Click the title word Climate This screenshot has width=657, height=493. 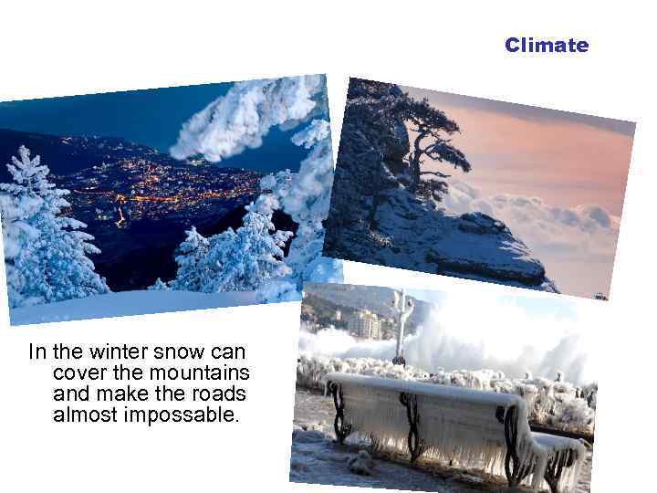pyautogui.click(x=547, y=45)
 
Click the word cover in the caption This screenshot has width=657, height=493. pyautogui.click(x=79, y=372)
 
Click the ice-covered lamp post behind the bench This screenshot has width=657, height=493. pyautogui.click(x=401, y=324)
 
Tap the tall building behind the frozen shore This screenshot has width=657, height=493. pyautogui.click(x=364, y=324)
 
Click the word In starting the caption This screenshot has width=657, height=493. pyautogui.click(x=37, y=351)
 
